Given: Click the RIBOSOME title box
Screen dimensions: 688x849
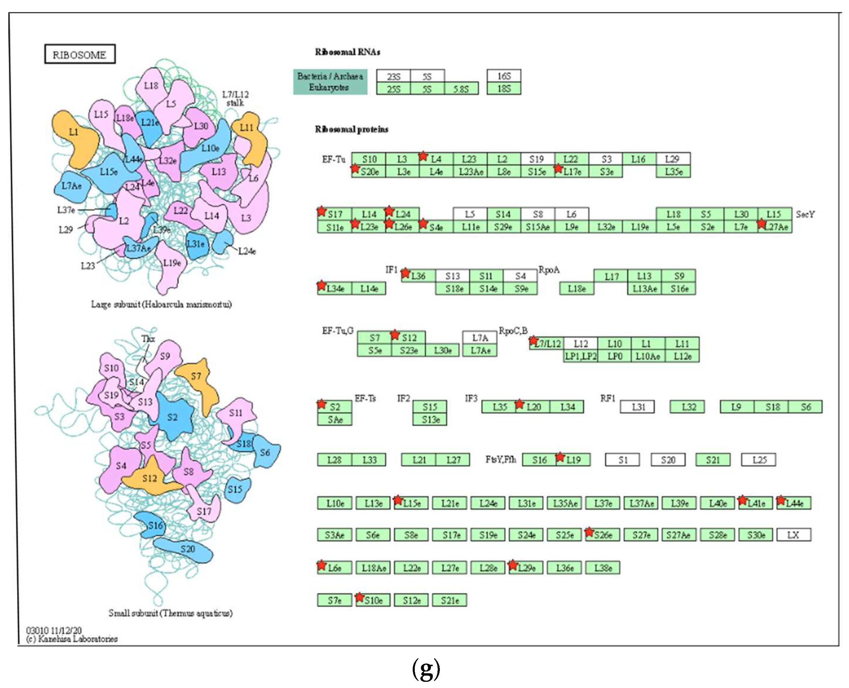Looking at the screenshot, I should click(x=80, y=54).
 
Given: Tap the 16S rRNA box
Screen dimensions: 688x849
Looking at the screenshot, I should click(x=504, y=76).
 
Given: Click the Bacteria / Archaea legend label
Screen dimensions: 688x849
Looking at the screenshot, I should click(x=330, y=76).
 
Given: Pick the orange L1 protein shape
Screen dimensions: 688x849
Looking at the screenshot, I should click(x=75, y=137).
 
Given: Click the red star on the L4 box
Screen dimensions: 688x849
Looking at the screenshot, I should click(x=423, y=156).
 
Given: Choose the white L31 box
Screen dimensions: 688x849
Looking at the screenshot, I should click(x=637, y=406).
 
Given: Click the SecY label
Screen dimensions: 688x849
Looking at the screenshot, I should click(x=805, y=214).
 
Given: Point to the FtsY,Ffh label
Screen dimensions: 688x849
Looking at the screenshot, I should click(x=500, y=459).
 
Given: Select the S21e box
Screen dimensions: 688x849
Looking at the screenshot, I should click(x=450, y=600).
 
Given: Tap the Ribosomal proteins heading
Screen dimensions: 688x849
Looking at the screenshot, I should click(x=351, y=129).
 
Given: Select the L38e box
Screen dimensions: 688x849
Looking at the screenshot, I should click(x=603, y=567).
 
